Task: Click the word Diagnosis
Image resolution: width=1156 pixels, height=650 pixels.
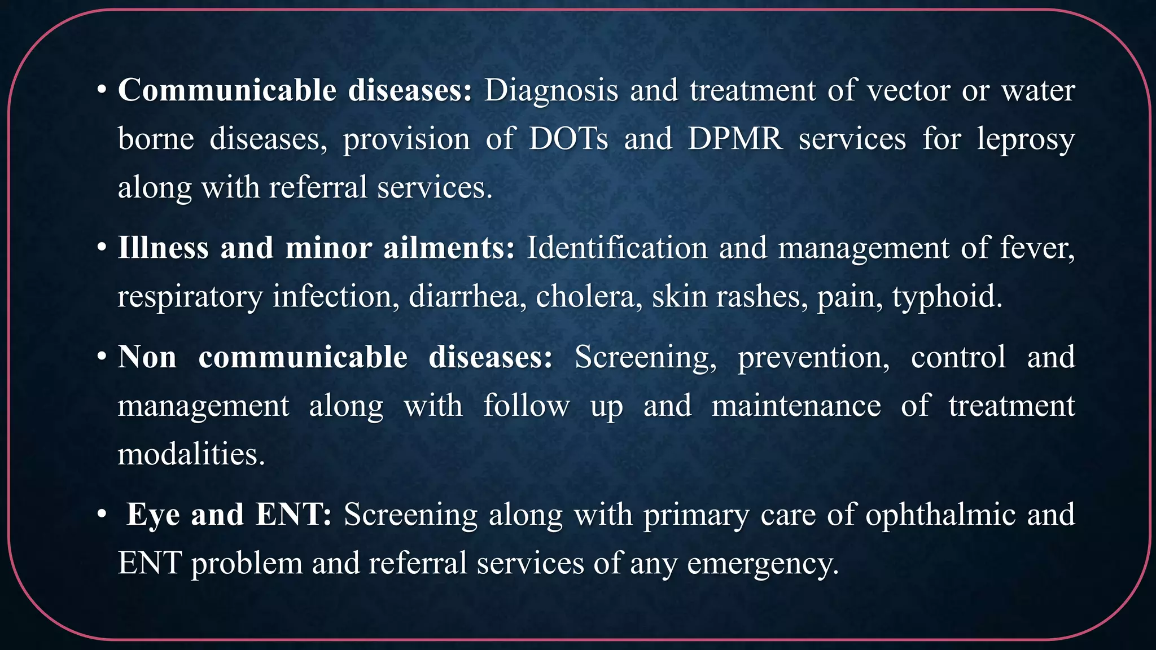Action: [551, 91]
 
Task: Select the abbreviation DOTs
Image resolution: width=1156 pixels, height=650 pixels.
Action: [568, 139]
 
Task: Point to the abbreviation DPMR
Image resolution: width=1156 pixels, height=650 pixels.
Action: [735, 139]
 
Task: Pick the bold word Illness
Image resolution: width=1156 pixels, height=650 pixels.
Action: [163, 248]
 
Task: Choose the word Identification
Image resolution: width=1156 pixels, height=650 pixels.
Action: [616, 248]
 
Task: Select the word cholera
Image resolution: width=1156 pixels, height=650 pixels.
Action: [585, 296]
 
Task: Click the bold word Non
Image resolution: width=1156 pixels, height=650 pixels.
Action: [147, 357]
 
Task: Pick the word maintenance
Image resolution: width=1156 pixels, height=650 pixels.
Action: [796, 406]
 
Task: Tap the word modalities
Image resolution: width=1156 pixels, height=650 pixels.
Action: [191, 454]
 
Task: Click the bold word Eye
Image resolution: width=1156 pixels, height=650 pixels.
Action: [154, 515]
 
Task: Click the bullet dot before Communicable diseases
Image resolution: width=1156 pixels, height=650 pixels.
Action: [102, 90]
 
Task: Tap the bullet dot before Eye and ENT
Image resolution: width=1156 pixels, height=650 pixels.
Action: [102, 515]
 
